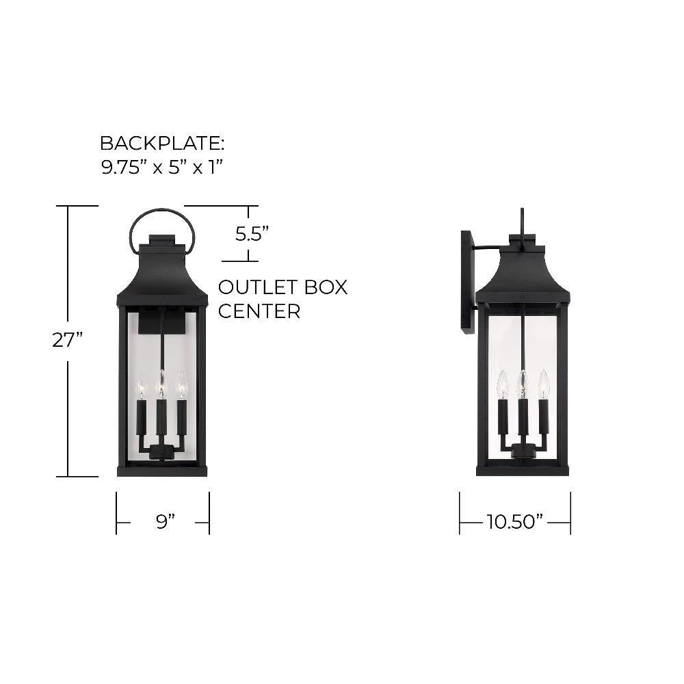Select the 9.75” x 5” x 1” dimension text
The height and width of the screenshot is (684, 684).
(x=163, y=167)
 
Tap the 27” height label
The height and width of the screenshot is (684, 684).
(x=68, y=340)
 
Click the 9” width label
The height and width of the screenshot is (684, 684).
(x=165, y=522)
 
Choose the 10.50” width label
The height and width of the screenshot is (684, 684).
(x=514, y=523)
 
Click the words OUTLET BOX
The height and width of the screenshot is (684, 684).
(x=282, y=287)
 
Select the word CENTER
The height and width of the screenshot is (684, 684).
(x=259, y=312)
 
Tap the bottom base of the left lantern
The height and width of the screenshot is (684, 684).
(x=163, y=469)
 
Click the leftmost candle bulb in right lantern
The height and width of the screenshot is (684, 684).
(x=502, y=384)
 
